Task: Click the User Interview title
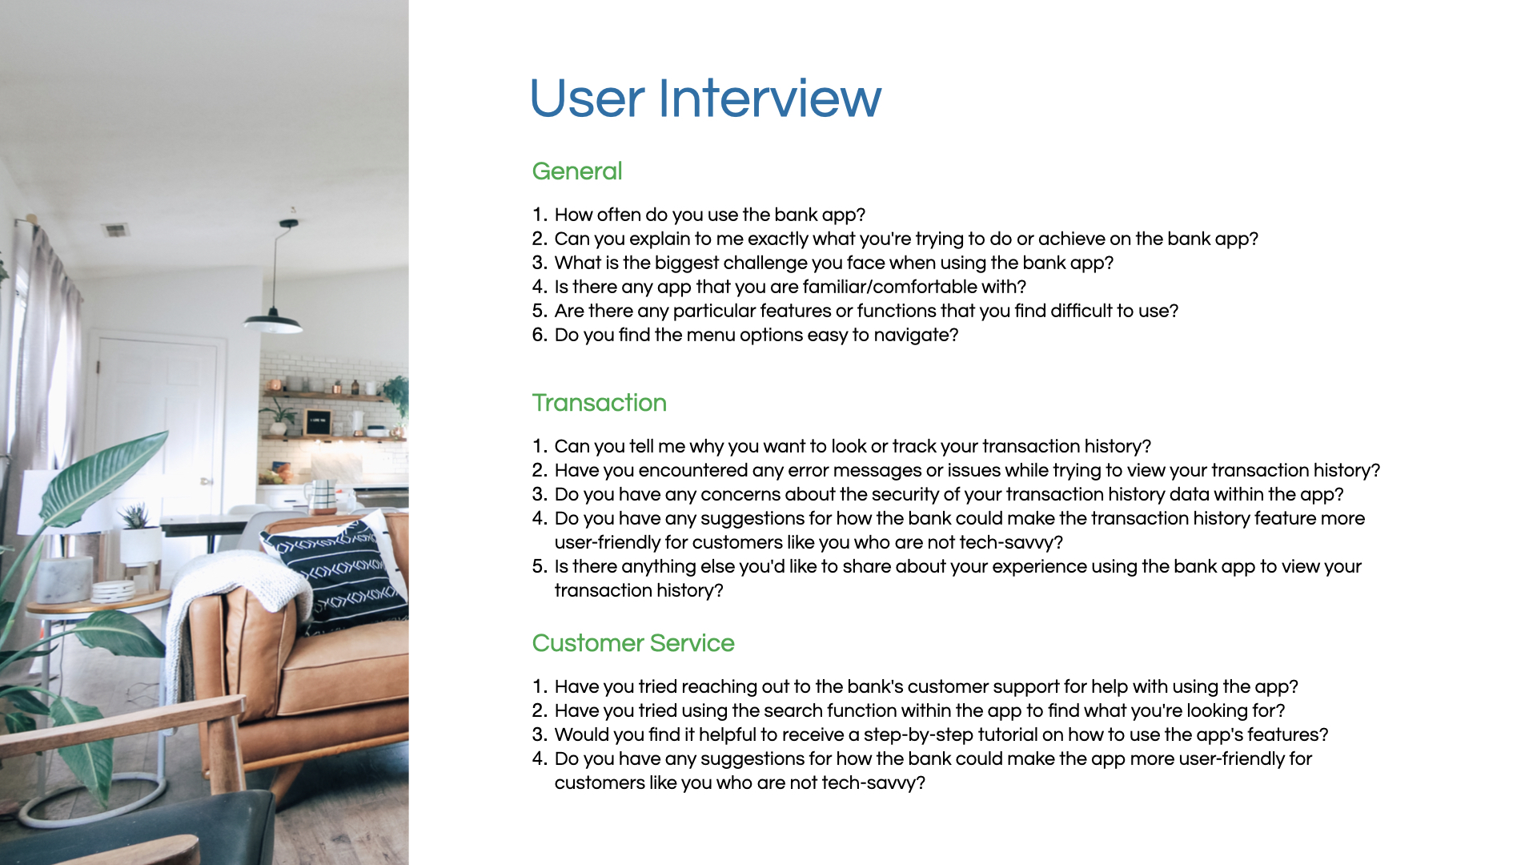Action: (x=705, y=99)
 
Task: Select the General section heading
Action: (x=577, y=171)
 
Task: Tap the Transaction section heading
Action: (x=600, y=403)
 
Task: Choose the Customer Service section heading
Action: (x=633, y=643)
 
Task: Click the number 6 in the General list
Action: (x=539, y=335)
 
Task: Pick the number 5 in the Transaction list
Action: (x=539, y=566)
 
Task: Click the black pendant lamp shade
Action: (x=273, y=321)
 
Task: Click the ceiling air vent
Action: (x=116, y=231)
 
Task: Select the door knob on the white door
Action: (x=206, y=481)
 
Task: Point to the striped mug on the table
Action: (x=323, y=497)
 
